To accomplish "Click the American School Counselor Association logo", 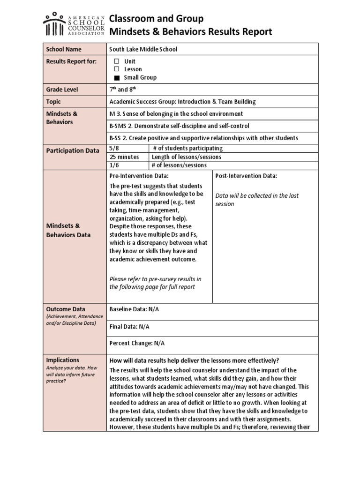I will coord(74,24).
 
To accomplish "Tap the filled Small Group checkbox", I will coord(117,78).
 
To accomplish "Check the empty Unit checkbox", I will coord(117,61).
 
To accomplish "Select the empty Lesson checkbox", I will coord(117,69).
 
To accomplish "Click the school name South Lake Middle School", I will coord(143,49).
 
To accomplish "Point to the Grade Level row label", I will coord(62,90).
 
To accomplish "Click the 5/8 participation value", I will coord(114,148).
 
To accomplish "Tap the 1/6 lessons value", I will coord(114,165).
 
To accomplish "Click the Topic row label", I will coord(53,102).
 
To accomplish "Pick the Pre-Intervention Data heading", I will coord(139,176).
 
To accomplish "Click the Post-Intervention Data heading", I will coord(246,176).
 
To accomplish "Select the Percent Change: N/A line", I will coord(137,343).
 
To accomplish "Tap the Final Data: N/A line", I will coord(129,326).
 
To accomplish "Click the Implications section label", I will coord(62,360).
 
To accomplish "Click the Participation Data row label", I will coord(72,150).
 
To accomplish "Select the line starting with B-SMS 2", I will coord(179,126).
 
